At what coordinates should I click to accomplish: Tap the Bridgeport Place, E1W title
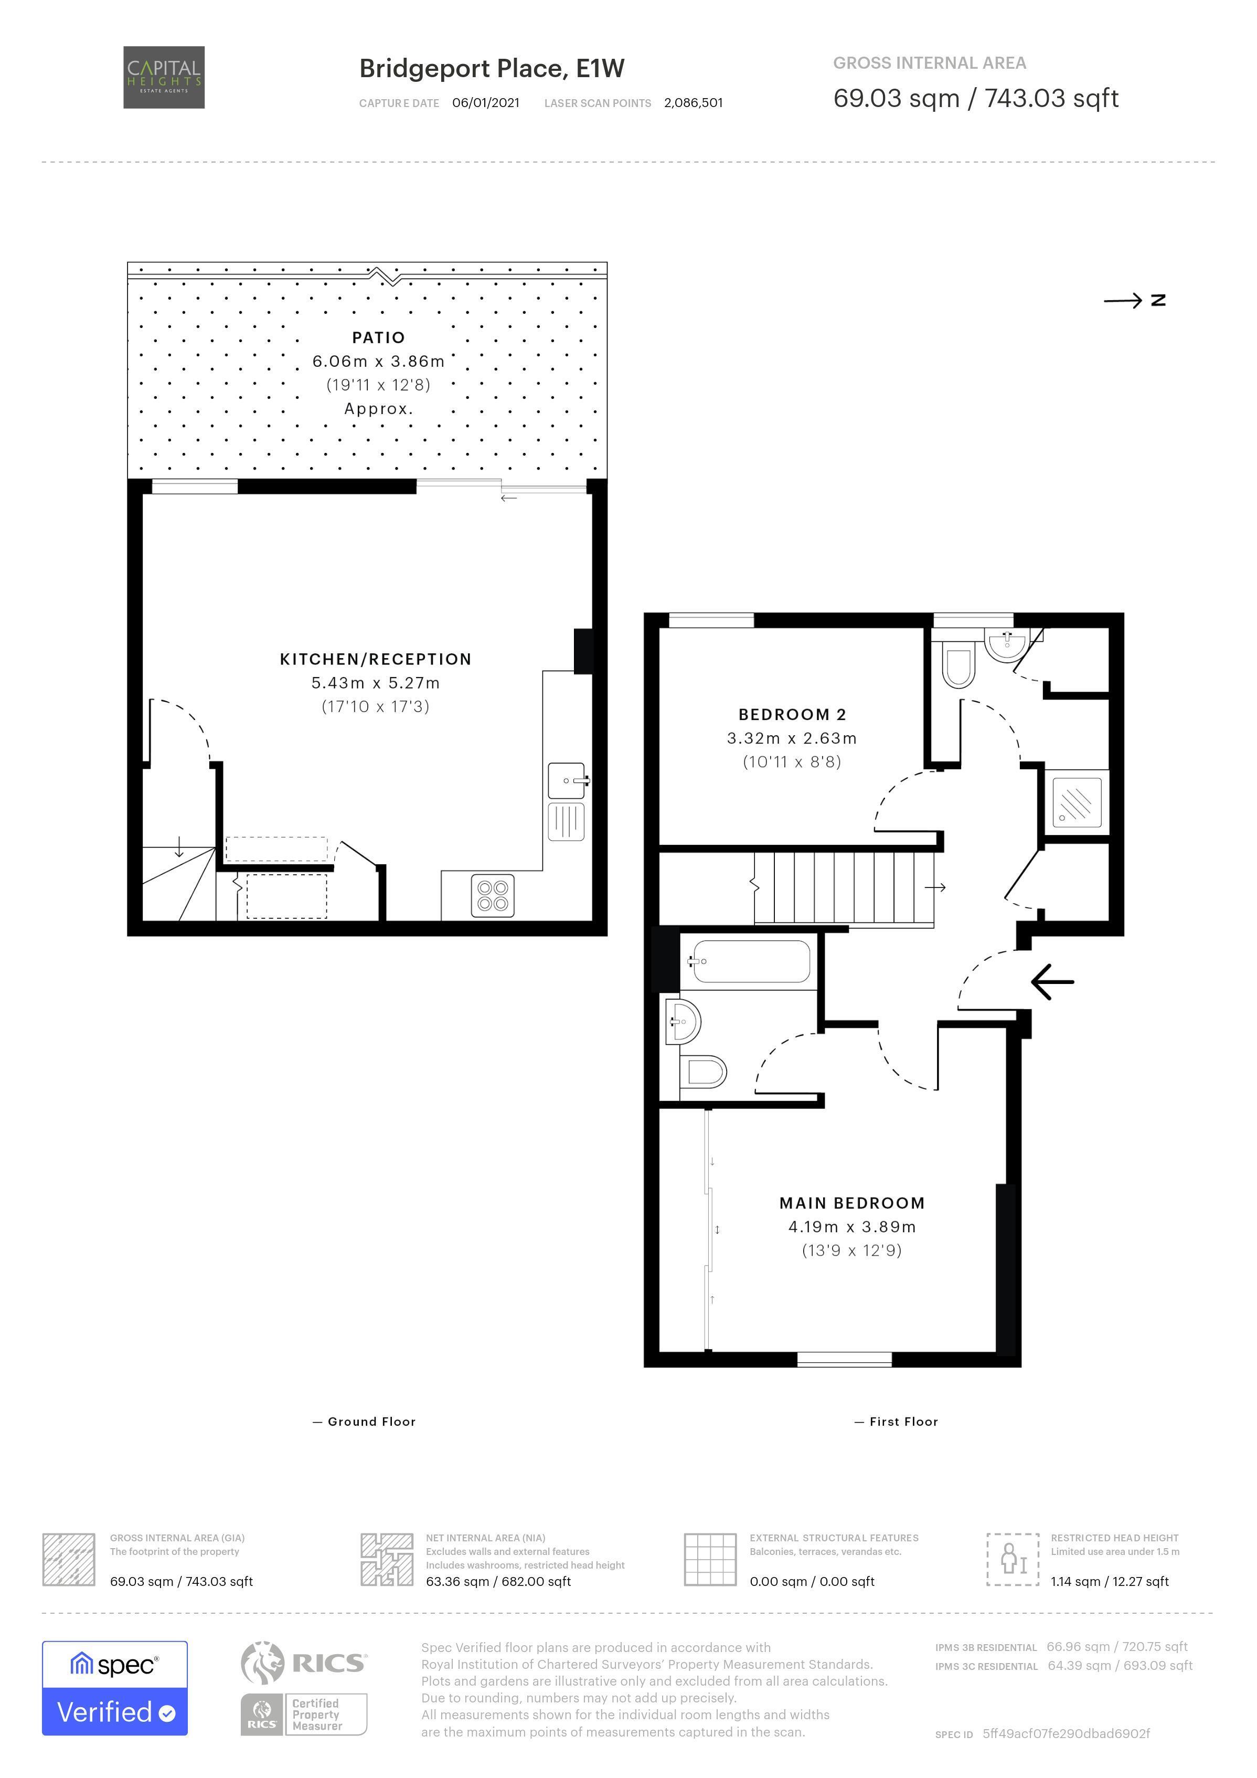pyautogui.click(x=492, y=69)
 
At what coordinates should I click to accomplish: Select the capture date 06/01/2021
pyautogui.click(x=486, y=103)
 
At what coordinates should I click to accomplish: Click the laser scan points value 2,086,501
pyautogui.click(x=694, y=103)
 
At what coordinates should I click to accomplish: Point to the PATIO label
pyautogui.click(x=378, y=337)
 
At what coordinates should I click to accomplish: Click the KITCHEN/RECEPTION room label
pyautogui.click(x=376, y=659)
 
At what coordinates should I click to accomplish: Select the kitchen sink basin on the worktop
pyautogui.click(x=567, y=780)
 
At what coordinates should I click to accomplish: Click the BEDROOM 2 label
pyautogui.click(x=792, y=715)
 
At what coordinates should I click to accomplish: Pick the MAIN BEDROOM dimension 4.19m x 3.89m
pyautogui.click(x=852, y=1226)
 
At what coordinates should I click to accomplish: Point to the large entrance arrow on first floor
pyautogui.click(x=1053, y=982)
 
